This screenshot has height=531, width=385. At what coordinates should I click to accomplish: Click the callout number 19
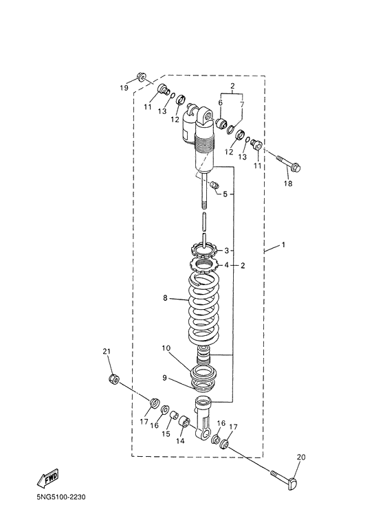click(x=124, y=87)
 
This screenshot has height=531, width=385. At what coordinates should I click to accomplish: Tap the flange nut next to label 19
click(x=142, y=77)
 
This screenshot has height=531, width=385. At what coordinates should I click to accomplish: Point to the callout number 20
click(x=300, y=457)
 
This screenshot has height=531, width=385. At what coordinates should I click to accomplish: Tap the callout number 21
click(x=107, y=352)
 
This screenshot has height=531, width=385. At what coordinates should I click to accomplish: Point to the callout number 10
click(x=166, y=349)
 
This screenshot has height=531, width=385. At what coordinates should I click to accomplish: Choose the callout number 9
click(x=164, y=376)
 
